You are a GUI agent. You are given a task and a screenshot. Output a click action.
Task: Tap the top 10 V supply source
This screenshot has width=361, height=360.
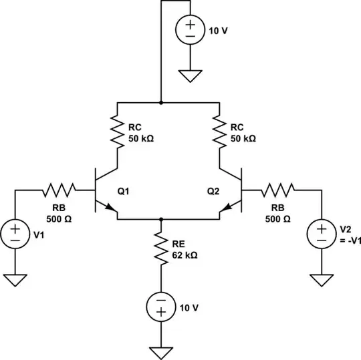point(191,30)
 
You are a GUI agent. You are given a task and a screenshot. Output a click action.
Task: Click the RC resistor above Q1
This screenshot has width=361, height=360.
point(118,133)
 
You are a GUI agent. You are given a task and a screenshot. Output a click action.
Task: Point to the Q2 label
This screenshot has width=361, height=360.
point(213,191)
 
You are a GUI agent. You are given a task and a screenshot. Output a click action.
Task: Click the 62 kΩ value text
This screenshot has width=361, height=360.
point(185,255)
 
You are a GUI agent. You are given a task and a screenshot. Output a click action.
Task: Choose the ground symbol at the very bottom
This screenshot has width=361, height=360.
point(160,352)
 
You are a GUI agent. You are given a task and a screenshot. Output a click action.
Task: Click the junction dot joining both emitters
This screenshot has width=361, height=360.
point(160,218)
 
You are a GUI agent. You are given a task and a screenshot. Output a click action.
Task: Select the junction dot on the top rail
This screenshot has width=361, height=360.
point(160,103)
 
